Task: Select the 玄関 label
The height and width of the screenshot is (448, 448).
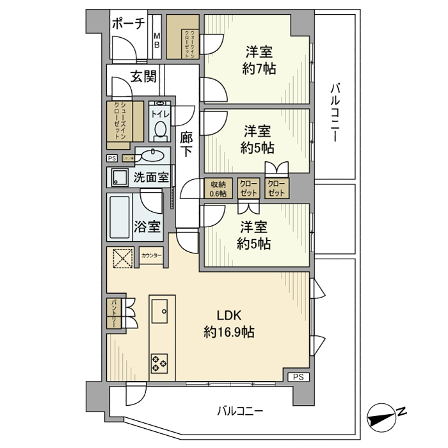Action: (x=144, y=77)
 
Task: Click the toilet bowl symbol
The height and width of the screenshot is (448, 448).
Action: (x=160, y=131)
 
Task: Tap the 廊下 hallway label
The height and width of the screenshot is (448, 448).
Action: (x=186, y=144)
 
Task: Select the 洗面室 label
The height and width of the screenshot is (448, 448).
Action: (x=151, y=177)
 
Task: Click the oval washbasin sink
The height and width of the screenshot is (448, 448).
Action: (x=152, y=155)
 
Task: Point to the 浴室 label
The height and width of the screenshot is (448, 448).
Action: (x=147, y=226)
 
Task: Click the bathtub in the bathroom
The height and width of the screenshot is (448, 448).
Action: (x=120, y=218)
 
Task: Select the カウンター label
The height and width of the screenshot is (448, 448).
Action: (x=151, y=256)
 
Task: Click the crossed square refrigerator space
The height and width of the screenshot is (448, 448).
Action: (x=122, y=258)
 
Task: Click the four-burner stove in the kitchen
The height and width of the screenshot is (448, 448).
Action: (x=159, y=363)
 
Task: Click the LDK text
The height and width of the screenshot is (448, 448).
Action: (x=229, y=316)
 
